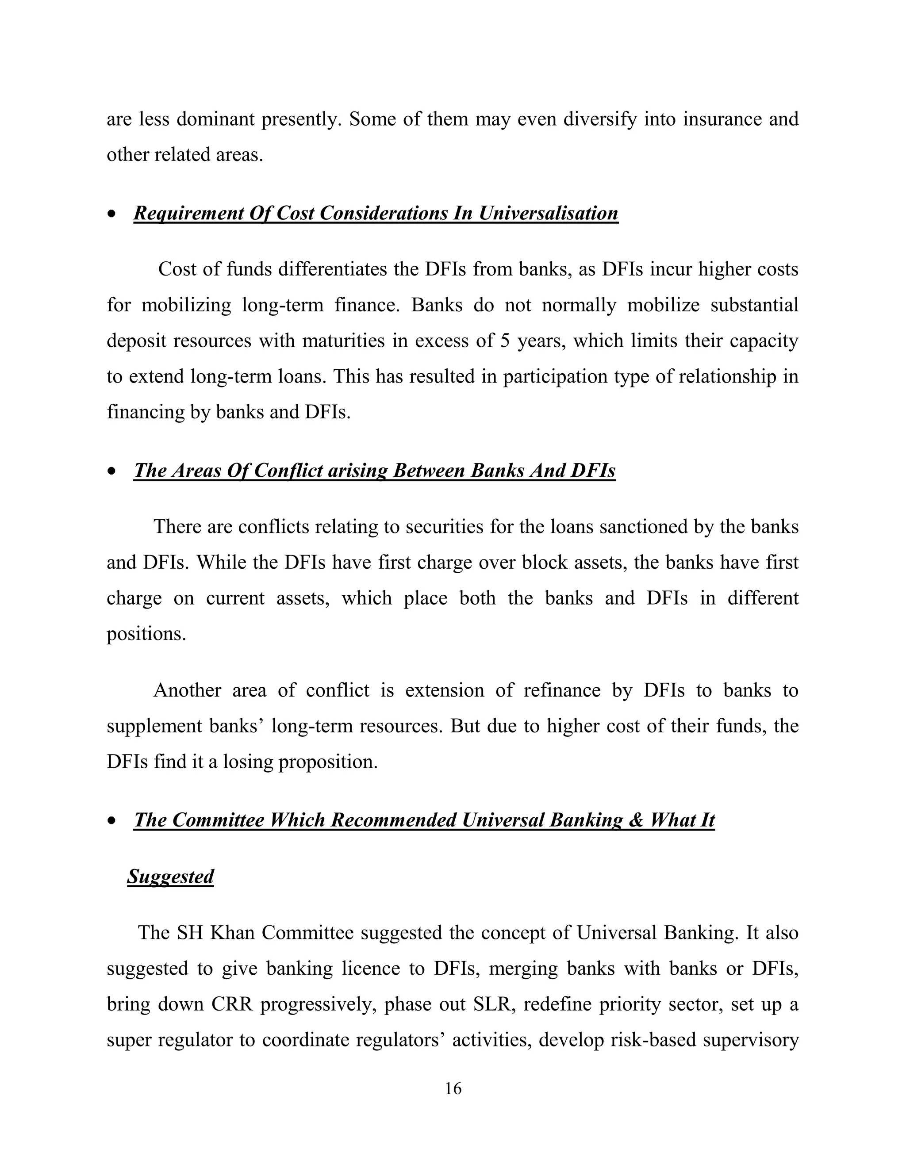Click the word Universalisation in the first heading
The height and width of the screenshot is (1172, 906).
tap(548, 213)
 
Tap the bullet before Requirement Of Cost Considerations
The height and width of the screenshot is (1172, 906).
tap(111, 214)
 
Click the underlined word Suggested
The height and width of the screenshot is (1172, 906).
tap(171, 876)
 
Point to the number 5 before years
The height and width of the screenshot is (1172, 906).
tap(504, 341)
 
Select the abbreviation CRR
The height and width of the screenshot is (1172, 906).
tap(232, 1004)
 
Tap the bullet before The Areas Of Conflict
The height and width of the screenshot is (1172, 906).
tap(111, 471)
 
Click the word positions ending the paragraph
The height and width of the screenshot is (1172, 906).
tap(146, 634)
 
